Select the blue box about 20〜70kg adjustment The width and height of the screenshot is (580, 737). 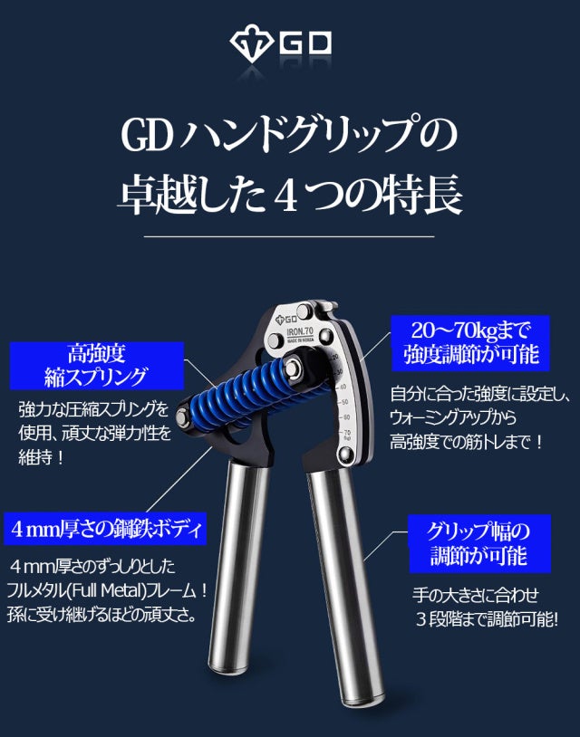coord(470,340)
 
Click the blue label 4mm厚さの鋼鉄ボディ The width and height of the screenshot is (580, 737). coord(106,527)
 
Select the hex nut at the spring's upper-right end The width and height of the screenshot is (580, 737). coord(295,366)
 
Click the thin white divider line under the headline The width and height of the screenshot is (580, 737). coord(289,236)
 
